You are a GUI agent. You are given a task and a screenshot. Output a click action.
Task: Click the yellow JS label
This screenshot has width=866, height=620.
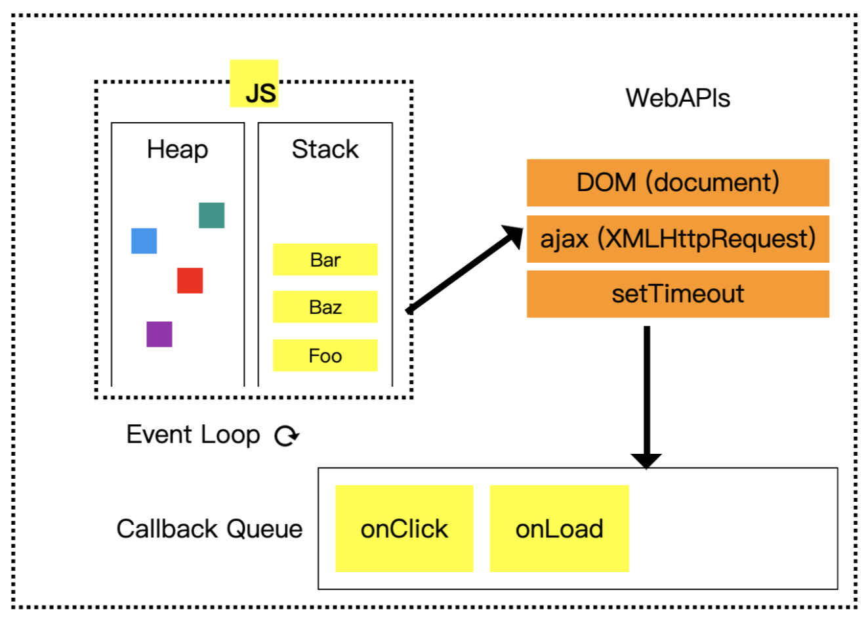[x=255, y=84]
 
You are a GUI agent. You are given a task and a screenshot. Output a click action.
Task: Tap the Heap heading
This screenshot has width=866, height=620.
[x=177, y=149]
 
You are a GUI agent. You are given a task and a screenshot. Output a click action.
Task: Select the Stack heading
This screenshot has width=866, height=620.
[x=325, y=149]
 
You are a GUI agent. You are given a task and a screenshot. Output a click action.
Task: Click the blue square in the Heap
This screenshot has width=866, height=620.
[x=144, y=241]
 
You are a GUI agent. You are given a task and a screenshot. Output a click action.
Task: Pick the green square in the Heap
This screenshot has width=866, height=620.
[x=212, y=215]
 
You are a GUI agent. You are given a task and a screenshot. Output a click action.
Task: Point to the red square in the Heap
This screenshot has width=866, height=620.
[x=190, y=280]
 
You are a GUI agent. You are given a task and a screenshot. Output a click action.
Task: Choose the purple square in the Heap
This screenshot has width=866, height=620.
[x=159, y=334]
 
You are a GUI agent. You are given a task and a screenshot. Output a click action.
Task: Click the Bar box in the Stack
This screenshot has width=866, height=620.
[x=325, y=260]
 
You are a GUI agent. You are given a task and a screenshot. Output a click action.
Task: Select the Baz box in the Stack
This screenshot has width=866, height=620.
[x=325, y=307]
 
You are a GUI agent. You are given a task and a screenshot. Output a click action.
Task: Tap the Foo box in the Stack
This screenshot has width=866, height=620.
[x=325, y=355]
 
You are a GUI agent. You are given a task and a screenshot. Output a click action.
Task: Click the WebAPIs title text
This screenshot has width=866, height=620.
[x=678, y=99]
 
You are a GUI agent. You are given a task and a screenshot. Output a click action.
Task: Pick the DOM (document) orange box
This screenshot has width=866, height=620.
[x=678, y=183]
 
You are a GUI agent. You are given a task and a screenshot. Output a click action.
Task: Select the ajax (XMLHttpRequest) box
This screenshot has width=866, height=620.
[x=678, y=238]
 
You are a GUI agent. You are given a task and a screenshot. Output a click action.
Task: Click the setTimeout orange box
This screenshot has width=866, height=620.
[x=678, y=294]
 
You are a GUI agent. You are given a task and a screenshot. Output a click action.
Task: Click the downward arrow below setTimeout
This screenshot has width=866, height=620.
[x=647, y=394]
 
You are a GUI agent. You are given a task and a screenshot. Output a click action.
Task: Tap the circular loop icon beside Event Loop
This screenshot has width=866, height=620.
[x=287, y=435]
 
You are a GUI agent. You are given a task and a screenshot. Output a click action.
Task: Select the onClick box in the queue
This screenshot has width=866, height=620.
[x=404, y=529]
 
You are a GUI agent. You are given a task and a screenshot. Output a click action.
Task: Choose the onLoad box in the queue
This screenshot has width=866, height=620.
[x=559, y=529]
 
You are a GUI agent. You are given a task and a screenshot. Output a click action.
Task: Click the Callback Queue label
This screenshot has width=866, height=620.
[x=209, y=529]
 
